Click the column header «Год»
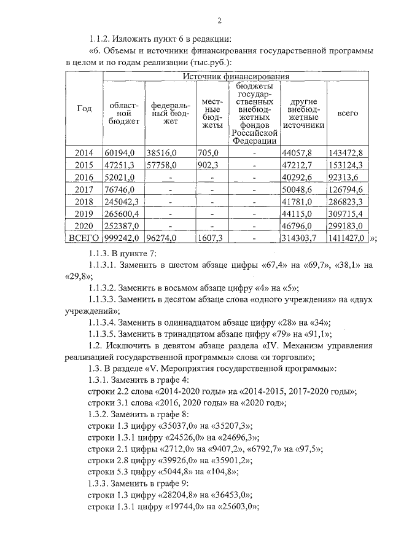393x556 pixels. coord(84,109)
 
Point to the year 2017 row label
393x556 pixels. coord(84,189)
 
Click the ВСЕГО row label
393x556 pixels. coord(84,238)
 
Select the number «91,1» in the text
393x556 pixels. coord(317,334)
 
